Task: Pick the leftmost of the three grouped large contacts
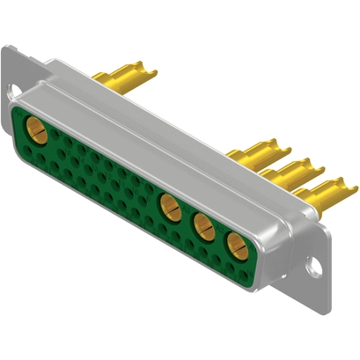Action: (168, 208)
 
